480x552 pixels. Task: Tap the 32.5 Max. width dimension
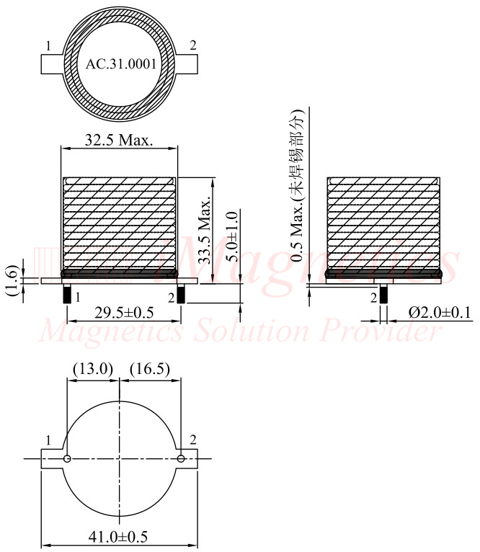click(119, 140)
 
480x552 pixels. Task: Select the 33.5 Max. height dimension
click(205, 231)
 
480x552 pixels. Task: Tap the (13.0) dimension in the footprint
click(93, 369)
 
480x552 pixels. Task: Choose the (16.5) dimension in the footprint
click(149, 369)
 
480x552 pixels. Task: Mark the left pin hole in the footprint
click(67, 458)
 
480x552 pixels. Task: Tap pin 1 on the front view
click(67, 295)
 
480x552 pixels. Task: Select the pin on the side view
click(383, 295)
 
